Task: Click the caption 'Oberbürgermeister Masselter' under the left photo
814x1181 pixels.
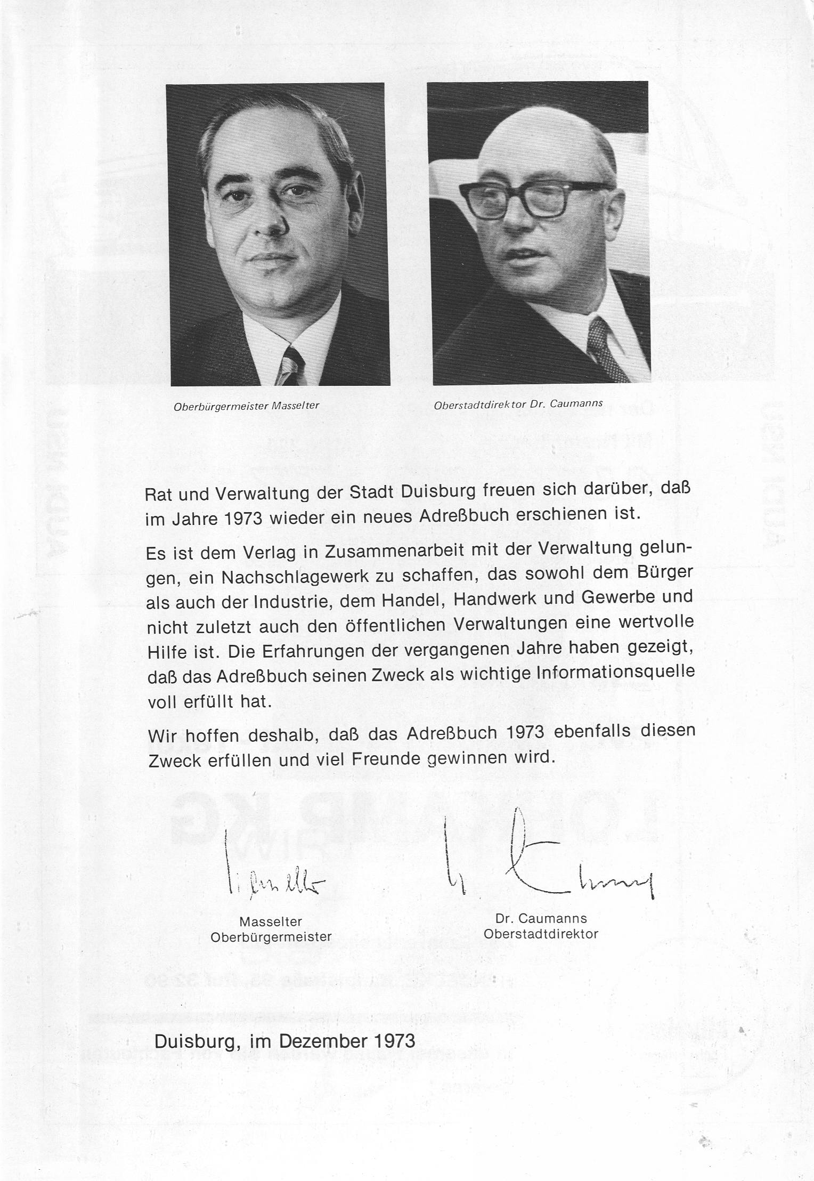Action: tap(246, 406)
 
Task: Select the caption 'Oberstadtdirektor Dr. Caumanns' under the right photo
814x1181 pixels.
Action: tap(518, 405)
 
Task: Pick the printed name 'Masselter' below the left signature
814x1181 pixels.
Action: tap(271, 921)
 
